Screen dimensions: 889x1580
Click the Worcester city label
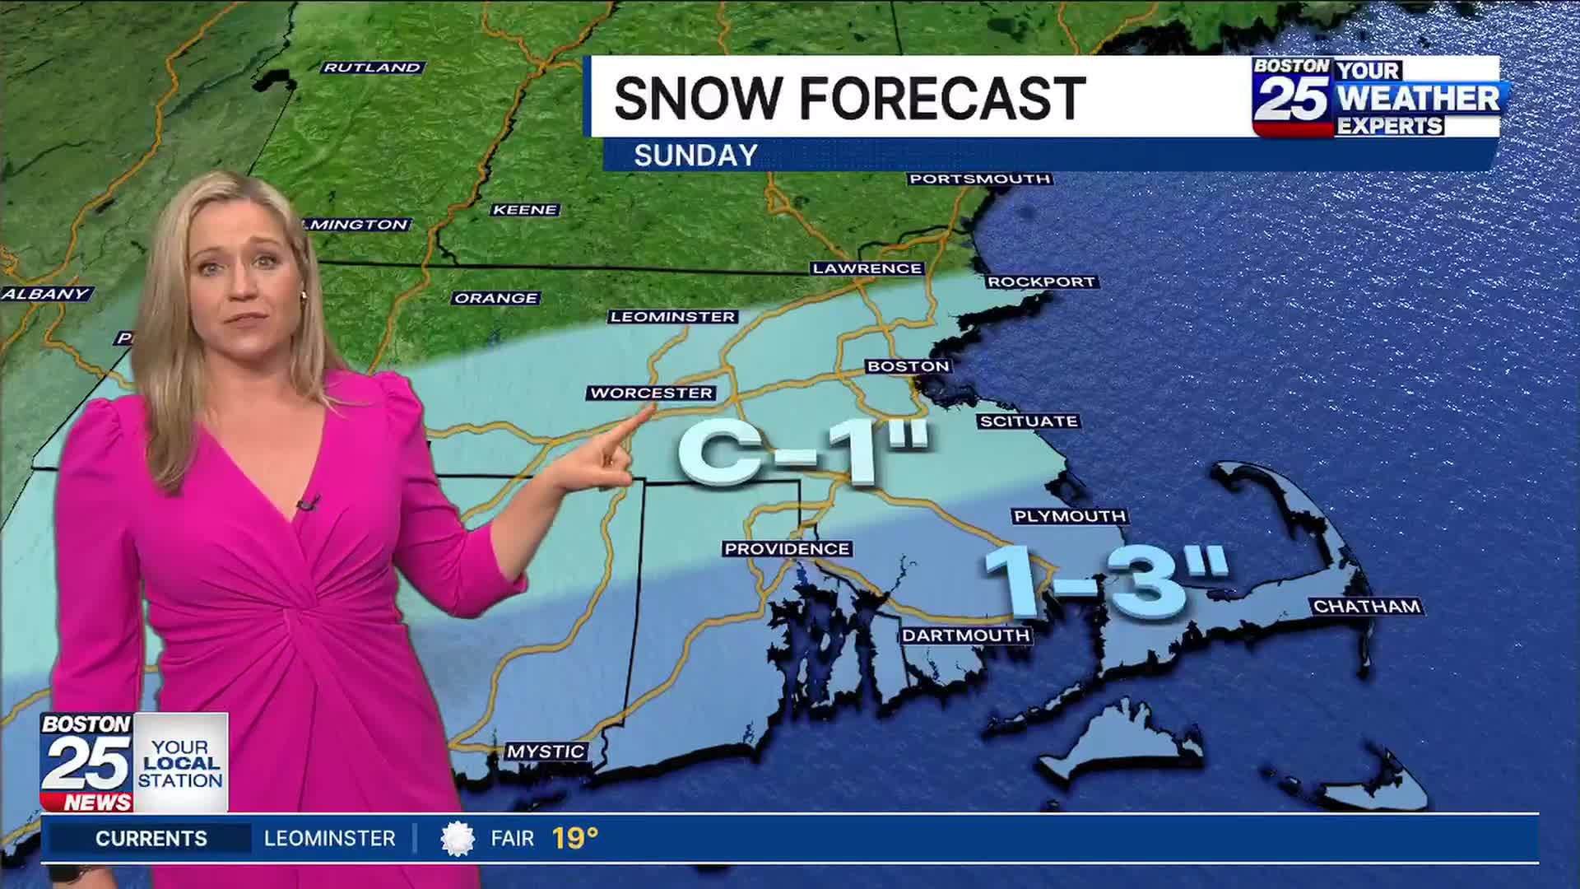pos(651,393)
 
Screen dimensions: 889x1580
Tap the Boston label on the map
pos(908,366)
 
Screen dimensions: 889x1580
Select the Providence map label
pos(786,549)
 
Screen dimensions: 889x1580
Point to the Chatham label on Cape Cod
pos(1367,607)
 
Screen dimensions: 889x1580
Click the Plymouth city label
pos(1069,517)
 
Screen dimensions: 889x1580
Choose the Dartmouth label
pos(965,635)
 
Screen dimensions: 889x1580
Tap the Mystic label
pos(546,752)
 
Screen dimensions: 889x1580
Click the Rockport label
pos(1041,282)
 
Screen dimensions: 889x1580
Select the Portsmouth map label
pos(979,179)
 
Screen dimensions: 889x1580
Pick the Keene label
pos(525,210)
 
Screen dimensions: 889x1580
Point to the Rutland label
pos(372,67)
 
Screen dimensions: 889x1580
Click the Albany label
pos(45,294)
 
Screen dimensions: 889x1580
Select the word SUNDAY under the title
pos(695,156)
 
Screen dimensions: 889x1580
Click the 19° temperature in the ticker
pos(574,839)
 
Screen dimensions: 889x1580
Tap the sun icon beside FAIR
pos(458,839)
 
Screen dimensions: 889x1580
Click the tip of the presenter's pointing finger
pos(644,413)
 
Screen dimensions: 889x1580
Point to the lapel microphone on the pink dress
pos(307,502)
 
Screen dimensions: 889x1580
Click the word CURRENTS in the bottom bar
pos(151,839)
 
